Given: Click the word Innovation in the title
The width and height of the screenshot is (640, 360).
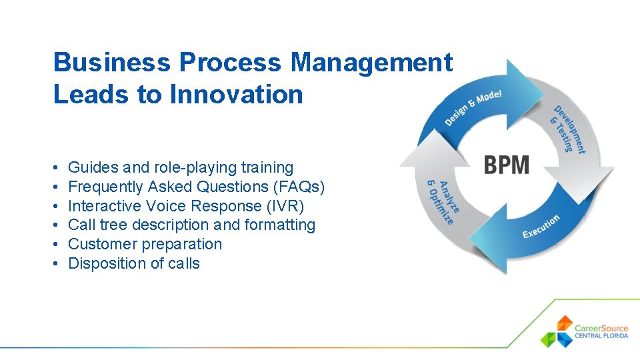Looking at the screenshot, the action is click(x=236, y=95).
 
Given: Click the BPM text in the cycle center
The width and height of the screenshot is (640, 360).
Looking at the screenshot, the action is click(x=507, y=164).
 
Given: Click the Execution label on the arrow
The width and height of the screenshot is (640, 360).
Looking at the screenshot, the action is click(x=541, y=227).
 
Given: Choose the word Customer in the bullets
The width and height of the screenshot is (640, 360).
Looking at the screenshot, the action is click(x=103, y=244).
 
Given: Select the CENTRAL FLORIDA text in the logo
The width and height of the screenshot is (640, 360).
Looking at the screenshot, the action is click(x=601, y=336).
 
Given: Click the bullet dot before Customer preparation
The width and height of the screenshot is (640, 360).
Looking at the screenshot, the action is click(x=56, y=244).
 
